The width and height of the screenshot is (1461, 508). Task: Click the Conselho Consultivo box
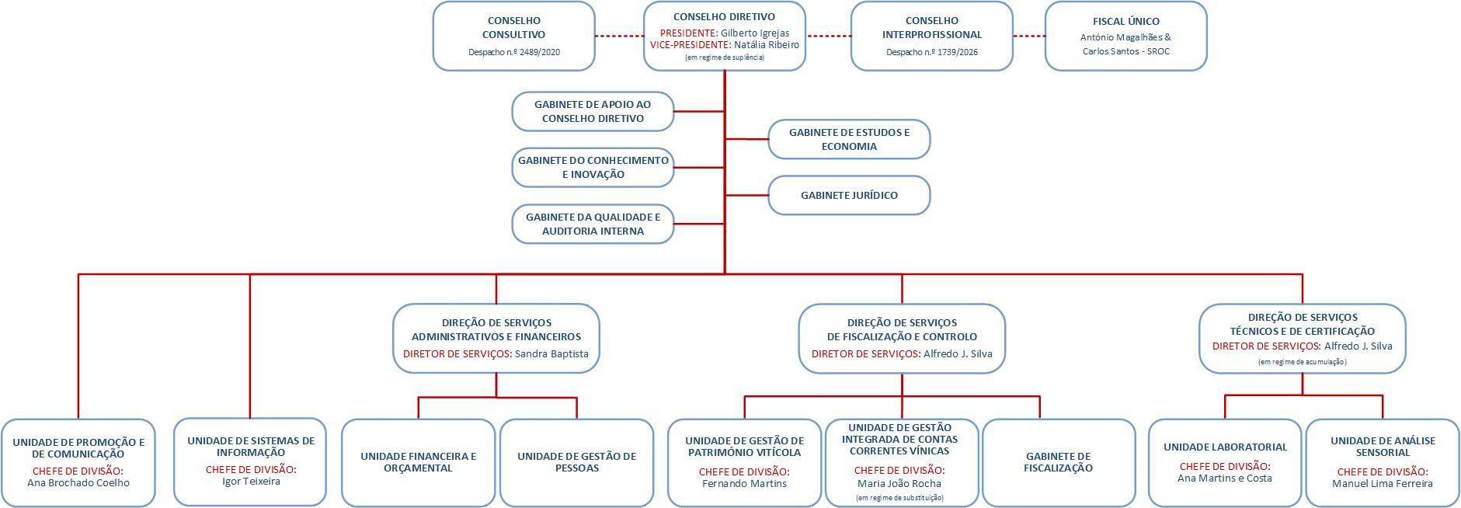click(x=513, y=36)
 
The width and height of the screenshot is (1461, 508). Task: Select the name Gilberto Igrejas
click(x=754, y=33)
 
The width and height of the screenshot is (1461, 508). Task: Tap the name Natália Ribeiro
click(x=766, y=45)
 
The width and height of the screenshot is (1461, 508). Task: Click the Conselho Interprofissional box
click(x=931, y=36)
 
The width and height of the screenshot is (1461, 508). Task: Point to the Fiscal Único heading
click(x=1125, y=22)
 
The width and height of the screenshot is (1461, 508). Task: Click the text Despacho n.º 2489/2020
click(x=513, y=53)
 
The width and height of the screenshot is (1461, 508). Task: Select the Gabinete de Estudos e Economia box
click(x=849, y=139)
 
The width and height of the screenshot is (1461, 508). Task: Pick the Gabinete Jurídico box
click(x=849, y=195)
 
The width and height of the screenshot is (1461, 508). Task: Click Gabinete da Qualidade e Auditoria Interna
click(x=593, y=224)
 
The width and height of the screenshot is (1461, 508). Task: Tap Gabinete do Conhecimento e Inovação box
click(x=593, y=167)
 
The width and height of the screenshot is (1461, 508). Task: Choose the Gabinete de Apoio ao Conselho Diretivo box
click(x=593, y=111)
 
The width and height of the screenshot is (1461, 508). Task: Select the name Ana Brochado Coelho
click(x=78, y=483)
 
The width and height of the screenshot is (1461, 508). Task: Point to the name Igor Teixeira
click(x=251, y=482)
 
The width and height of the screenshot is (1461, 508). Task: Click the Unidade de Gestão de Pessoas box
click(x=576, y=462)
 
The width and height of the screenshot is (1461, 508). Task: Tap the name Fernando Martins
click(x=744, y=484)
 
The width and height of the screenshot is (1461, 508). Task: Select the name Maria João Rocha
click(x=899, y=484)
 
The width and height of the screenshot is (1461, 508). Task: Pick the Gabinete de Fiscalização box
click(x=1058, y=462)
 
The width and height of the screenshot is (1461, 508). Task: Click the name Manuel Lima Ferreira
click(x=1382, y=484)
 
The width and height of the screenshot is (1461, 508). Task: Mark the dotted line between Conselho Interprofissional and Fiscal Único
click(x=1029, y=37)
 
